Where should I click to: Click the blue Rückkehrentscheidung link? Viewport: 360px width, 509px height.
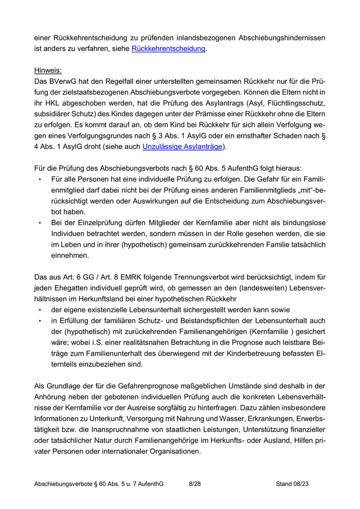pyautogui.click(x=169, y=49)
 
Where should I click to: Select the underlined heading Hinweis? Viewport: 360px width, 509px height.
pyautogui.click(x=48, y=70)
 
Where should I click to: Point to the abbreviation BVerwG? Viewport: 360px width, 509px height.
pyautogui.click(x=66, y=81)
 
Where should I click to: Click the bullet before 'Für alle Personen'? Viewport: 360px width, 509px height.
pyautogui.click(x=40, y=179)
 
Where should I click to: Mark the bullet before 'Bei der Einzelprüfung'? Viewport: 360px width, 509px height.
pyautogui.click(x=40, y=223)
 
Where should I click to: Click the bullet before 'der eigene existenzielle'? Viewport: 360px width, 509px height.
pyautogui.click(x=40, y=310)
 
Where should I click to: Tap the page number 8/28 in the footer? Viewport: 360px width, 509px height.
pyautogui.click(x=195, y=484)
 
